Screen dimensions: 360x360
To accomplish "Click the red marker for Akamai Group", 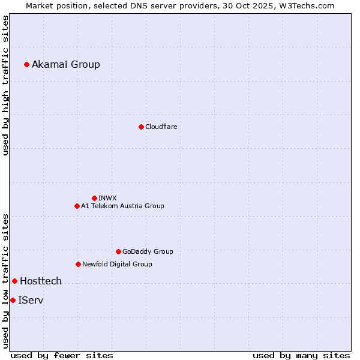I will [26, 64].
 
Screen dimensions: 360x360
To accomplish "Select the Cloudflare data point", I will [141, 127].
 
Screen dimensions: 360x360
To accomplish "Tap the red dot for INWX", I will [94, 198].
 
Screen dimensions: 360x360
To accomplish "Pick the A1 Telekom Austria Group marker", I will [77, 206].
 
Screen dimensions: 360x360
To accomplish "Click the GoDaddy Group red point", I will [118, 251].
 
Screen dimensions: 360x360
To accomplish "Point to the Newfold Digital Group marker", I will [78, 264].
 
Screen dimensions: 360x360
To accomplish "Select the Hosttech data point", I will [14, 281].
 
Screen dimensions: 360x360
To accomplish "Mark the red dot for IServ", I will [13, 300].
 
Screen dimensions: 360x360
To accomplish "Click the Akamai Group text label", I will [66, 64].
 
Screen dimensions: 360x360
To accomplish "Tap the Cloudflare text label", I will [161, 127].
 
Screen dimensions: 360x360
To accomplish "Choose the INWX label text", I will [107, 198].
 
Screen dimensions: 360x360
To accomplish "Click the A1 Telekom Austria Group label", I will [122, 206].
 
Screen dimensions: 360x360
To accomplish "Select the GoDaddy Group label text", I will [148, 251].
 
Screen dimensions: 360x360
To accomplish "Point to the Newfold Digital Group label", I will [117, 264].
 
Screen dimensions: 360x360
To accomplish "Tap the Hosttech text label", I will [41, 281].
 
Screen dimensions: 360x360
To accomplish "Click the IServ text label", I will [31, 300].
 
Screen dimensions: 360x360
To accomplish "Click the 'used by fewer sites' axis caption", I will [62, 355].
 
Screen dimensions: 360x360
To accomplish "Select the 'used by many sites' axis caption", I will [301, 355].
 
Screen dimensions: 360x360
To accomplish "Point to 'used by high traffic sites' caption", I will [5, 85].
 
